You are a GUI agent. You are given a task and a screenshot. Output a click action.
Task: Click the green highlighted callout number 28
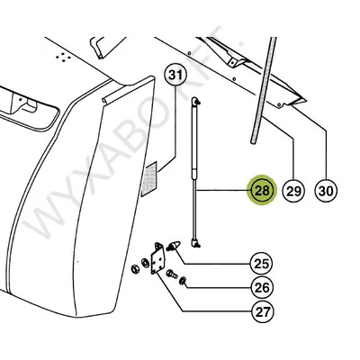coord(262,190)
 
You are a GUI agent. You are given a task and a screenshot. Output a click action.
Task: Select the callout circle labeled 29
coord(293,191)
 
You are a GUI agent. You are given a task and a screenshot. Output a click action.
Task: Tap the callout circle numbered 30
coord(326,191)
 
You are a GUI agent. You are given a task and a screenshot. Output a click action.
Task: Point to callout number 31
coord(175,75)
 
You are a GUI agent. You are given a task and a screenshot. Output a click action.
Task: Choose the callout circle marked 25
coord(262,264)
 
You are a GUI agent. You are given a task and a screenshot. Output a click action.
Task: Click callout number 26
coord(262,288)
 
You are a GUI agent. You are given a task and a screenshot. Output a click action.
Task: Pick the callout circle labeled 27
coord(262,312)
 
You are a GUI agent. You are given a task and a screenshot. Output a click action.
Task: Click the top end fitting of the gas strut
coord(195,101)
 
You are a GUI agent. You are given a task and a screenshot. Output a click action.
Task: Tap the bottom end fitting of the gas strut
coord(195,243)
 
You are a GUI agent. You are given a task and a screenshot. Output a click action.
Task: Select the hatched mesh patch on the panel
coord(149,179)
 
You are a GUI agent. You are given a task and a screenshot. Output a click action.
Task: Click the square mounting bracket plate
coord(157,258)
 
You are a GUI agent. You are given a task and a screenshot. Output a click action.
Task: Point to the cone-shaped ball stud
coord(174,246)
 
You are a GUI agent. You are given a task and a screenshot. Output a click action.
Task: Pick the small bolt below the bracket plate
coord(172,274)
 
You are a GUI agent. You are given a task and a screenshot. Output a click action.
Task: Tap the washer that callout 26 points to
coord(183,281)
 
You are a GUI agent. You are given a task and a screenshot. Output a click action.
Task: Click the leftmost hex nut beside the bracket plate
coord(135,268)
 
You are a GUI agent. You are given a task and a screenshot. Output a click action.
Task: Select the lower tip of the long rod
coord(254,141)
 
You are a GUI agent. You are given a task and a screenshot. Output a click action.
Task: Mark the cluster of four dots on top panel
coord(63,57)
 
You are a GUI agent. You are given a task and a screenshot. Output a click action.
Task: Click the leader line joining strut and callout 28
coord(221,191)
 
